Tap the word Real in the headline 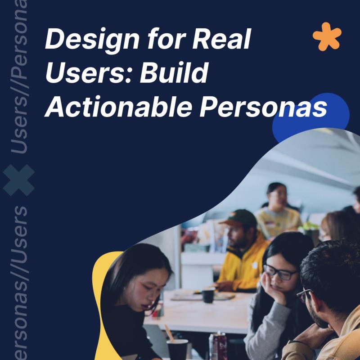coord(221,39)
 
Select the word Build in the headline coord(174,72)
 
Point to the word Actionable coord(119,106)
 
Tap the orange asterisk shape coord(327,36)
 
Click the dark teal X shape coord(19,180)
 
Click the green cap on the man coord(239,219)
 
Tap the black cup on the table coord(208,296)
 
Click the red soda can coord(218,346)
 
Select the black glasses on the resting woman coord(279,272)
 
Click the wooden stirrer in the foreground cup coord(169,333)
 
